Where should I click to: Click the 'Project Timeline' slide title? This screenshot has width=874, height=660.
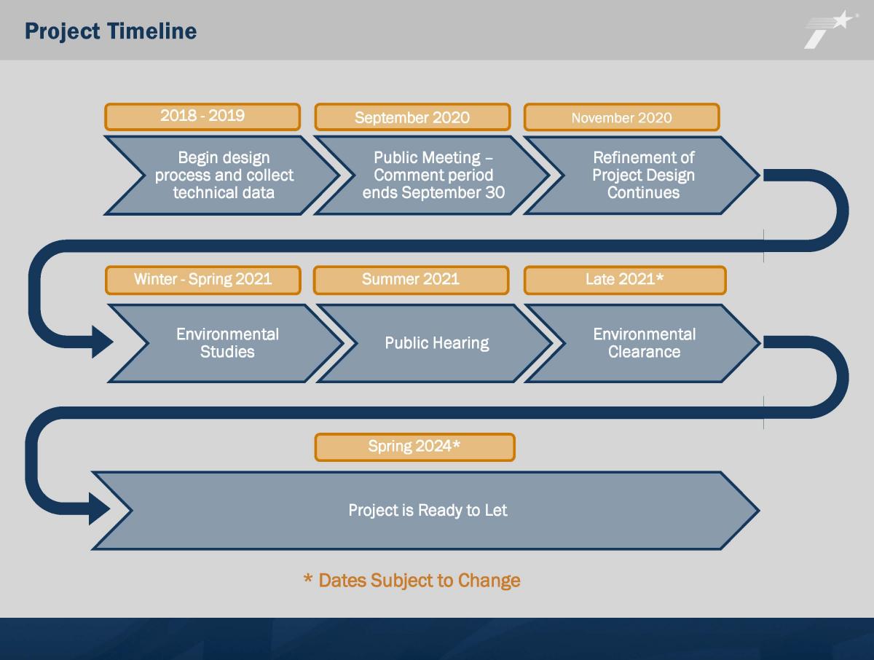click(x=111, y=31)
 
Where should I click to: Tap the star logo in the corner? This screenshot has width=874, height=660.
click(x=830, y=29)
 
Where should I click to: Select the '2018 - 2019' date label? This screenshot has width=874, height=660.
click(x=202, y=117)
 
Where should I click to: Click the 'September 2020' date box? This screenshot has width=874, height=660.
click(x=412, y=117)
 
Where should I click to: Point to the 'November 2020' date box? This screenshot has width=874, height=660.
click(x=621, y=117)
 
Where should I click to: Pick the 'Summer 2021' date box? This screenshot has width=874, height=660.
click(x=411, y=280)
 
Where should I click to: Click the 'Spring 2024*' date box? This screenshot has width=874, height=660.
click(x=414, y=447)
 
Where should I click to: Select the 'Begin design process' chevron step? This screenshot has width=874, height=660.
click(x=223, y=175)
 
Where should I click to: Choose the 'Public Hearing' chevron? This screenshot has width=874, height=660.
click(x=436, y=343)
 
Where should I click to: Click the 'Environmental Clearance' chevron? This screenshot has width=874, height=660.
click(x=644, y=343)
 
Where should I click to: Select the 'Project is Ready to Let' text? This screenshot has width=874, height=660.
click(x=428, y=511)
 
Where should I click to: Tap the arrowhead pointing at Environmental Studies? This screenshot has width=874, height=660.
click(x=103, y=342)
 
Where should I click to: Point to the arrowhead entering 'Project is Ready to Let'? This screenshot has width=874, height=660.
click(x=100, y=508)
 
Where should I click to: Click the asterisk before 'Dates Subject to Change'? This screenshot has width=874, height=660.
click(x=307, y=578)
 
